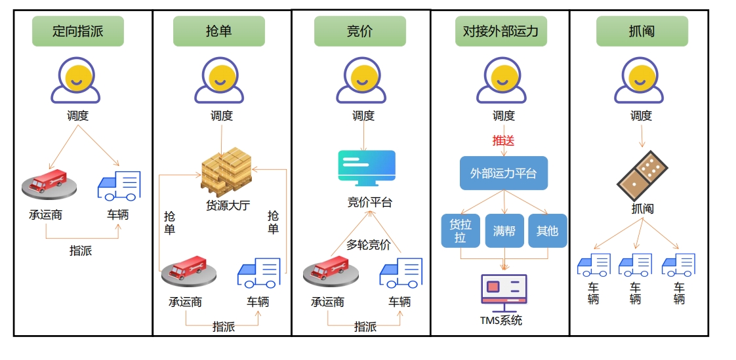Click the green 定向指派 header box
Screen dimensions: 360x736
pos(78,31)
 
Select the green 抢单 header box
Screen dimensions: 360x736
pos(218,31)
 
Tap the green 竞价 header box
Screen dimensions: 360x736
pos(359,31)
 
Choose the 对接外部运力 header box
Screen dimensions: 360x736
pos(501,31)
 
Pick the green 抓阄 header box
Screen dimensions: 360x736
pos(642,31)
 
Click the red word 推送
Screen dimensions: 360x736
pos(503,140)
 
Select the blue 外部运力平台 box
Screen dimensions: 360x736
pos(503,173)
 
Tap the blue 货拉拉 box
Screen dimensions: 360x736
pos(460,231)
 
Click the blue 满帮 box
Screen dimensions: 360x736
pos(504,231)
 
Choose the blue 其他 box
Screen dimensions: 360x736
pos(547,231)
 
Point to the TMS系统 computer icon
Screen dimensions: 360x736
pos(503,292)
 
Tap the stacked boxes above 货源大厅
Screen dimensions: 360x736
pos(226,171)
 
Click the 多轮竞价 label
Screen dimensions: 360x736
pos(368,245)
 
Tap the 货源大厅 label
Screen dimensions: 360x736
pos(228,205)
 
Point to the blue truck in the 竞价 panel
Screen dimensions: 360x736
pos(400,273)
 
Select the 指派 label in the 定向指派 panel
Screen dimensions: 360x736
pos(81,250)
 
